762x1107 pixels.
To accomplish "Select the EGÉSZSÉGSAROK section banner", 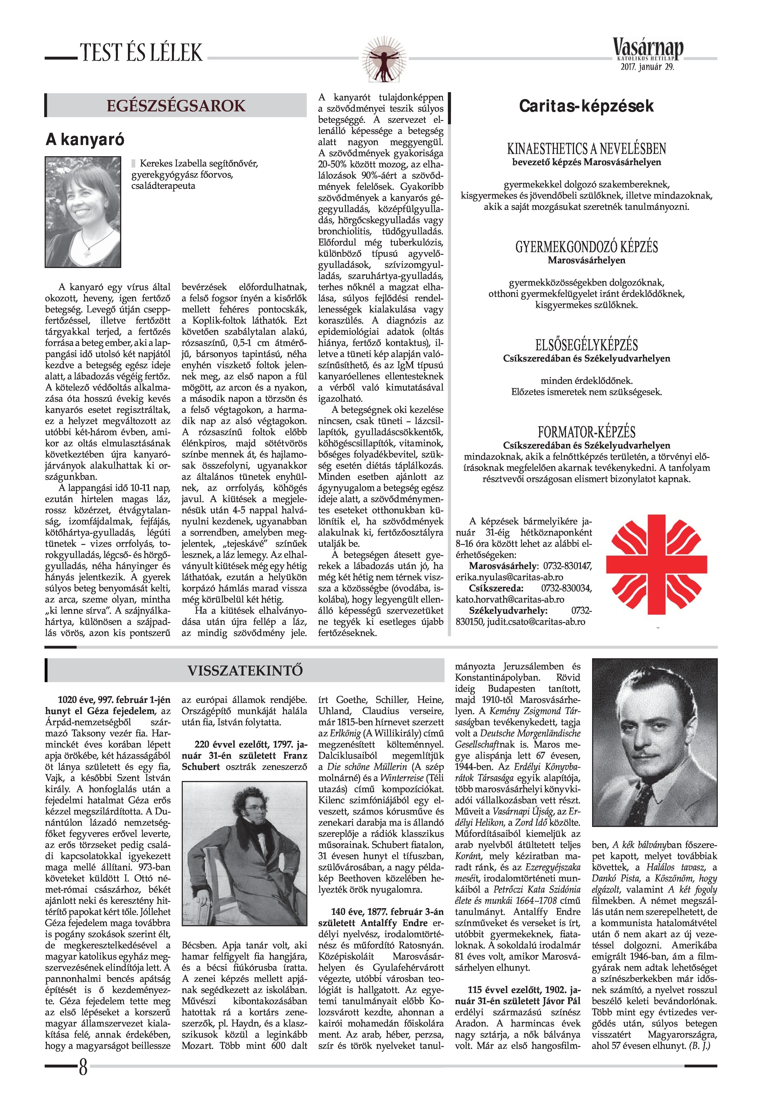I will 176,106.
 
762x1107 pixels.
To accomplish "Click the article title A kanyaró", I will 85,139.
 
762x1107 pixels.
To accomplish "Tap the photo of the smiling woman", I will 83,211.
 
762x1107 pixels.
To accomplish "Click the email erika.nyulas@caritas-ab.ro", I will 509,577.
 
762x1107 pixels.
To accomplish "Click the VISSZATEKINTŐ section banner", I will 244,670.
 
